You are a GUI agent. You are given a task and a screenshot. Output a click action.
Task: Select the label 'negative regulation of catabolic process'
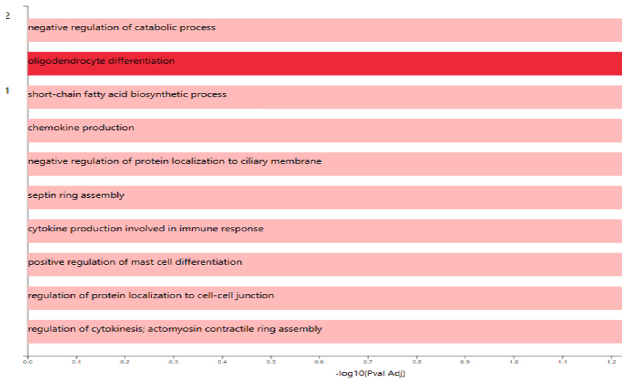[x=122, y=27]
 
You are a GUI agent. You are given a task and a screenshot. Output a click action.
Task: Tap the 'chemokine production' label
[x=81, y=128]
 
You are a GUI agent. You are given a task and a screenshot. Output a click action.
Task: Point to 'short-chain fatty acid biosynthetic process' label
[x=127, y=94]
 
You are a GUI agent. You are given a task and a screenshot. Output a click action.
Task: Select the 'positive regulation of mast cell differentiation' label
[x=135, y=262]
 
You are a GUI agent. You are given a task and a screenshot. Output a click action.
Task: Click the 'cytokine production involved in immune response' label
[x=146, y=229]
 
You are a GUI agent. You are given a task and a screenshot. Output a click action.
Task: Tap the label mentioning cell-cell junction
[x=151, y=295]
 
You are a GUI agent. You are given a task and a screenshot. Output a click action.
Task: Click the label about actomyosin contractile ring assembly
[x=175, y=329]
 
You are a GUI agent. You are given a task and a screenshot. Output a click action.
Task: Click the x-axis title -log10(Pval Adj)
[x=370, y=373]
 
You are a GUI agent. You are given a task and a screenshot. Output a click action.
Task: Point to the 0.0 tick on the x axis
[x=28, y=362]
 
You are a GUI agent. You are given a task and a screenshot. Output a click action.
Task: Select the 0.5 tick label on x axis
[x=271, y=362]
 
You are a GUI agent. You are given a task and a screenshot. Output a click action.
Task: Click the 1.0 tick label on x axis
[x=514, y=362]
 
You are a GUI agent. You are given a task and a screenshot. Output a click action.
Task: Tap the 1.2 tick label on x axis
[x=611, y=362]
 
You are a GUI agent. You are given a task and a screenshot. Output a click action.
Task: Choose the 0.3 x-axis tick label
[x=174, y=362]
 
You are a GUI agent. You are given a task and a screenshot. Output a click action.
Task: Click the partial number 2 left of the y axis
[x=8, y=16]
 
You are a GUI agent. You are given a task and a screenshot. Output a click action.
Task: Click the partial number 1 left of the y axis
[x=7, y=90]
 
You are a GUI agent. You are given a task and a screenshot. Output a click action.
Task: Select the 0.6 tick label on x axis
[x=319, y=362]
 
